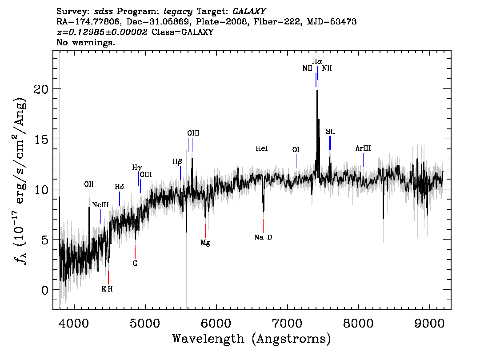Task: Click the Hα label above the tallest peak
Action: click(x=317, y=61)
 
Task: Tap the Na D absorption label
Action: click(x=263, y=237)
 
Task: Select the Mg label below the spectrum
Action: click(x=205, y=243)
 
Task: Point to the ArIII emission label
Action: click(x=363, y=148)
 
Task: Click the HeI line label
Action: click(x=262, y=148)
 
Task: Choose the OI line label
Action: click(x=296, y=149)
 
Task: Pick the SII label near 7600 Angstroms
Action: click(x=330, y=132)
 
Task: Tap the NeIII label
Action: click(x=100, y=205)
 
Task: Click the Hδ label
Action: click(x=119, y=187)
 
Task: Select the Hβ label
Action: click(x=177, y=162)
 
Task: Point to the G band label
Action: click(x=135, y=263)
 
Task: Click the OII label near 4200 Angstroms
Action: click(x=89, y=184)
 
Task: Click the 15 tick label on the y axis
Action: click(x=41, y=139)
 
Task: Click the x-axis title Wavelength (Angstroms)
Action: click(x=252, y=339)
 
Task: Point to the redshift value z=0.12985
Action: click(x=102, y=32)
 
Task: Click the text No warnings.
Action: click(x=85, y=42)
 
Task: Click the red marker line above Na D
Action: click(x=263, y=226)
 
